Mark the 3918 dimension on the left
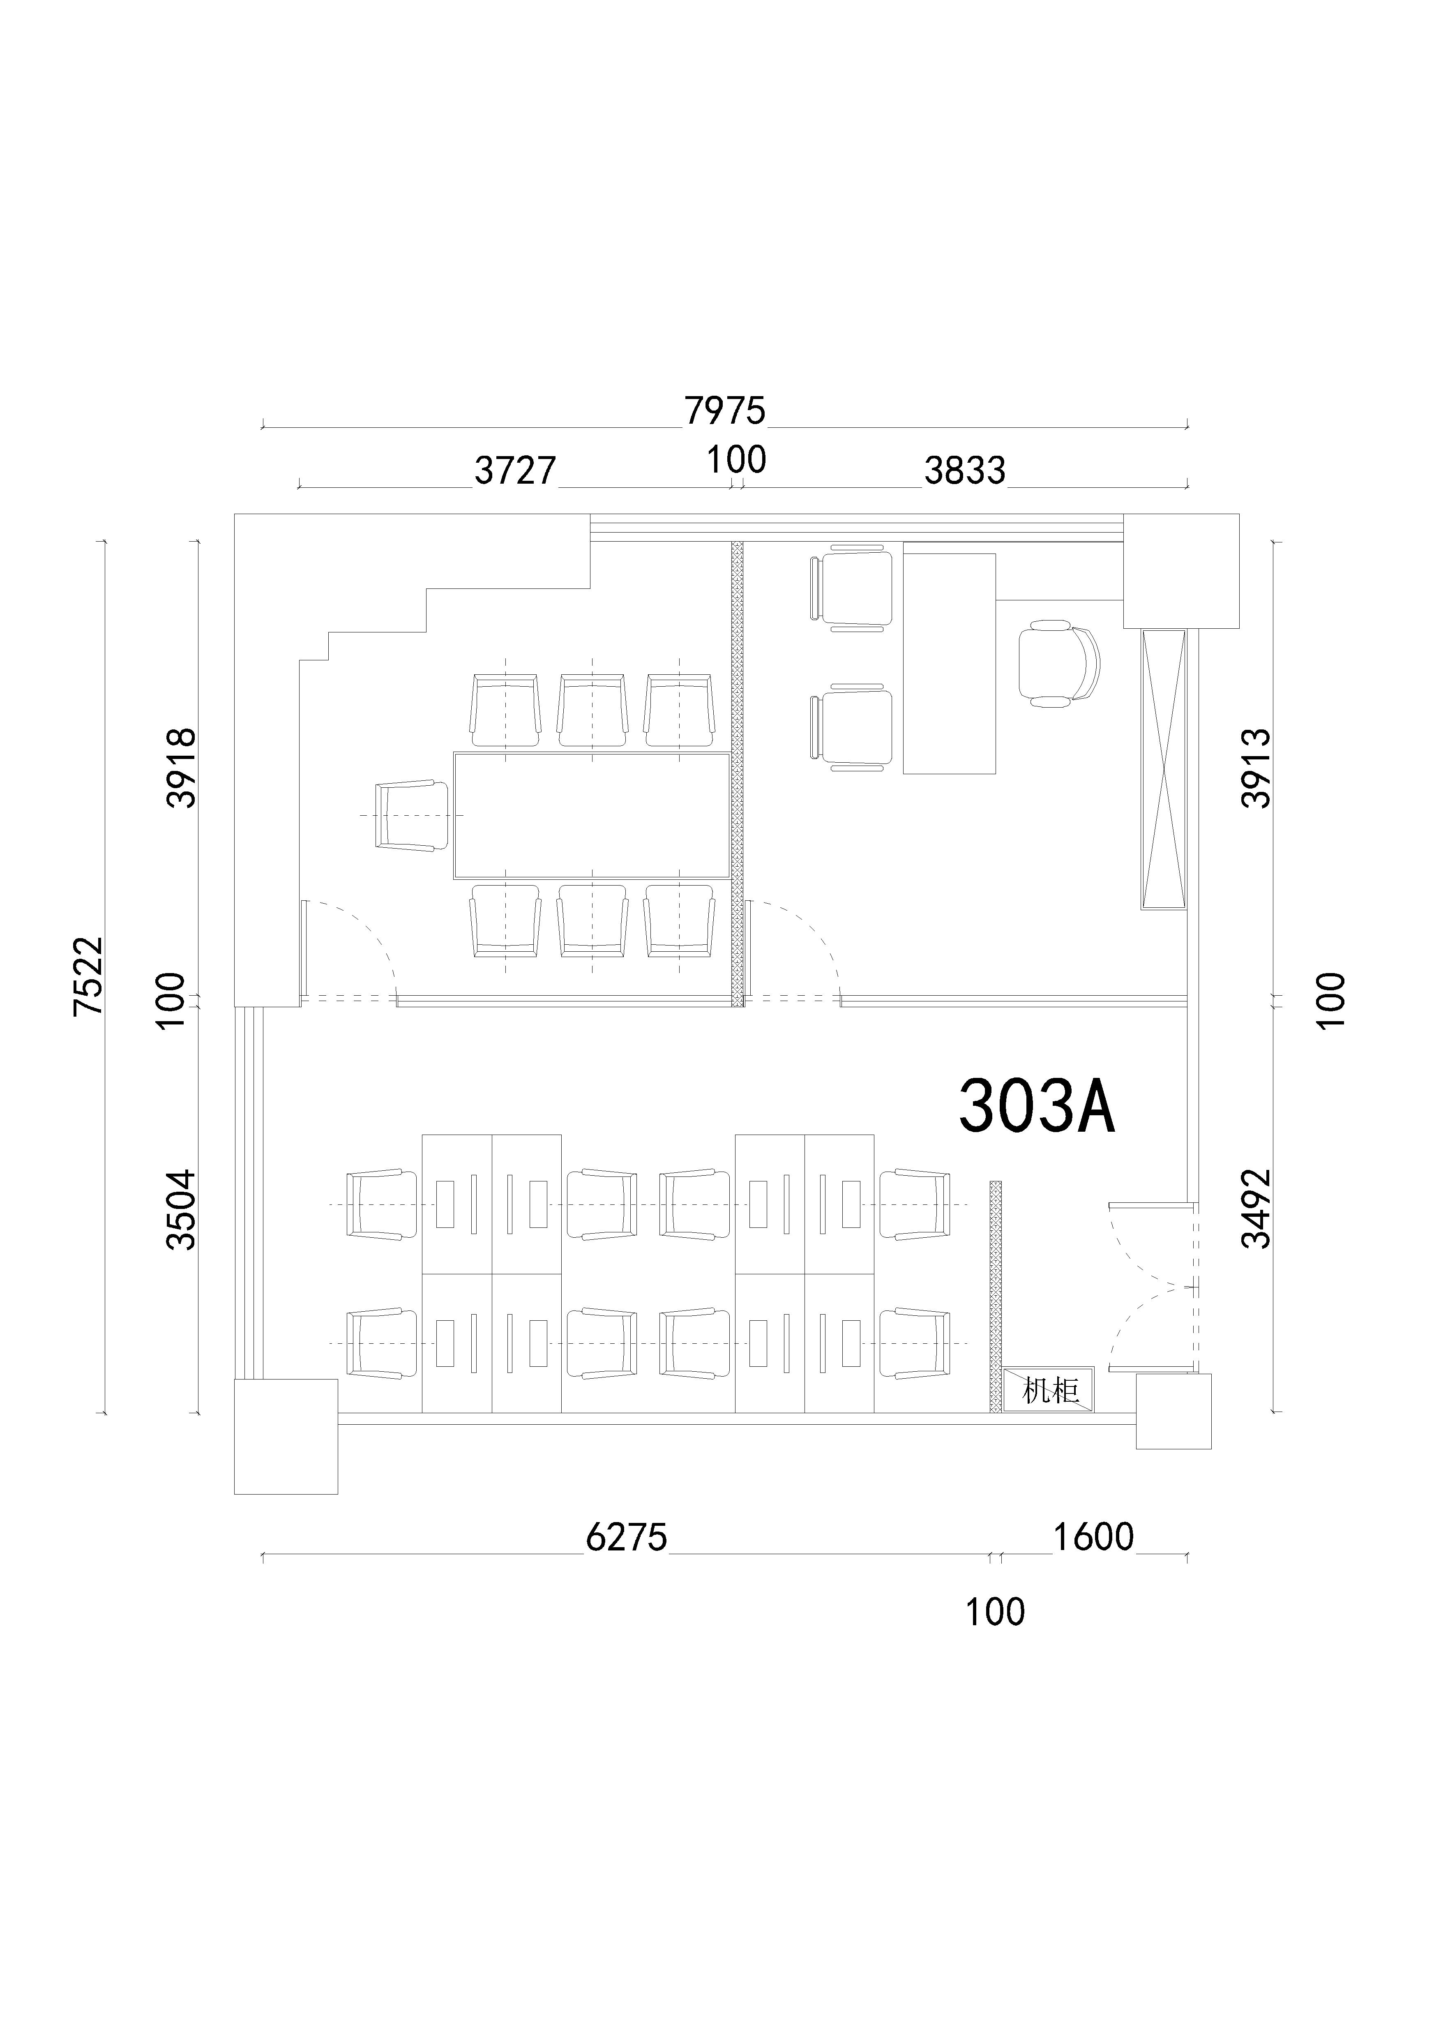pos(182,768)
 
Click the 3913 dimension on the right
pos(1256,768)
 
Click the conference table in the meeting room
pos(591,815)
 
